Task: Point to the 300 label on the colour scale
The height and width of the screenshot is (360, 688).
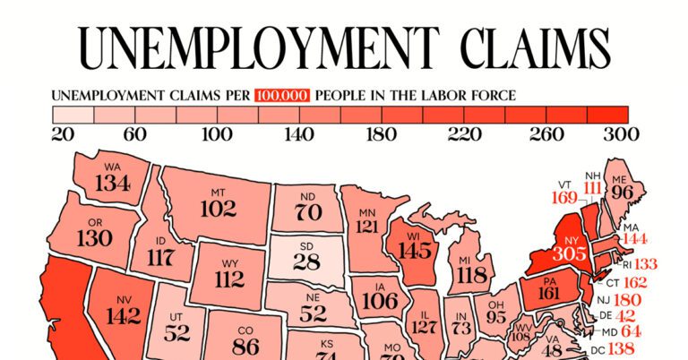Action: pyautogui.click(x=623, y=135)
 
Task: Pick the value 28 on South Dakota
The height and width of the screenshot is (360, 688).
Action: pyautogui.click(x=305, y=261)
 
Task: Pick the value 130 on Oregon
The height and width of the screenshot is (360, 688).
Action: pyautogui.click(x=94, y=239)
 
